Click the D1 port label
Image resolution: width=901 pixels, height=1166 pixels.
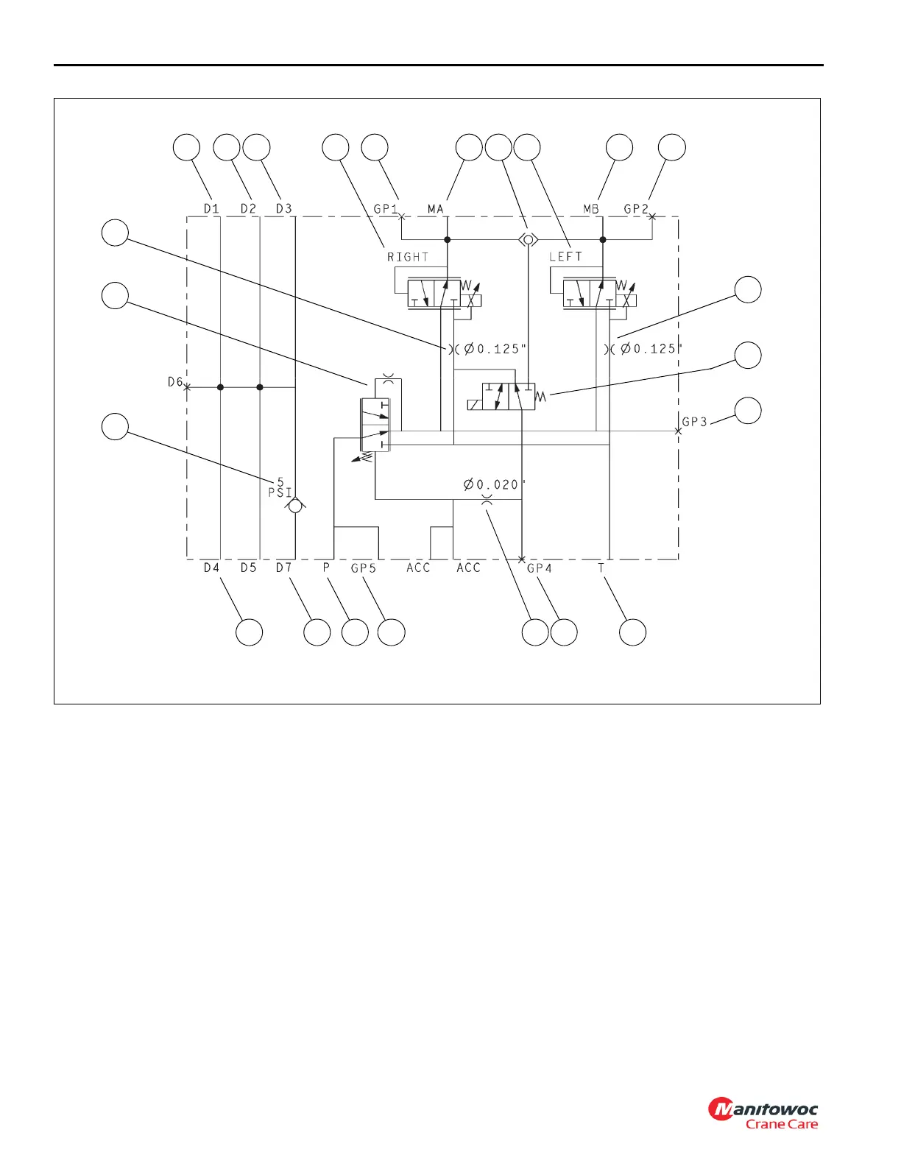click(211, 209)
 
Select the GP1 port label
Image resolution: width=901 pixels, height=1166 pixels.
click(386, 209)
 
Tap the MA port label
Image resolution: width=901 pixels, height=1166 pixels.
click(436, 209)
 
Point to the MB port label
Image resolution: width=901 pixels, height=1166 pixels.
click(591, 209)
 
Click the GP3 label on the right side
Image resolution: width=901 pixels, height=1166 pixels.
click(694, 422)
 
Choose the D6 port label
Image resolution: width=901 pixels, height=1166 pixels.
click(174, 382)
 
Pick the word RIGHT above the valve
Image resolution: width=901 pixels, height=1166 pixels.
click(408, 257)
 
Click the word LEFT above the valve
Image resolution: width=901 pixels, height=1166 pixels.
click(565, 257)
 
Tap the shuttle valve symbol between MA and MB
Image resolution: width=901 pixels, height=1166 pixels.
click(528, 239)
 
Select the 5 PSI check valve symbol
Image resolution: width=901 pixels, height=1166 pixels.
click(295, 506)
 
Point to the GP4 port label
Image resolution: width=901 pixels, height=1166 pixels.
click(540, 568)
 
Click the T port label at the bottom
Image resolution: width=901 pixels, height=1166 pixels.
click(601, 568)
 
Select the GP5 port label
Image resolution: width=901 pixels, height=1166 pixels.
click(364, 568)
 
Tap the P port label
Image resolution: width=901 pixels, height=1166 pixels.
click(326, 568)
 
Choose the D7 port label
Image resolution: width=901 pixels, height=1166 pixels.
click(284, 568)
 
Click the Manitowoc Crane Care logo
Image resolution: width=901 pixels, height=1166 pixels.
click(763, 1114)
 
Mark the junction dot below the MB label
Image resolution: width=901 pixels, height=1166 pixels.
click(603, 240)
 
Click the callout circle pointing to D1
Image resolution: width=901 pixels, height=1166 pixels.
click(186, 147)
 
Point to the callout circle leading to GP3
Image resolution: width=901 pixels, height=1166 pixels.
click(749, 411)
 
